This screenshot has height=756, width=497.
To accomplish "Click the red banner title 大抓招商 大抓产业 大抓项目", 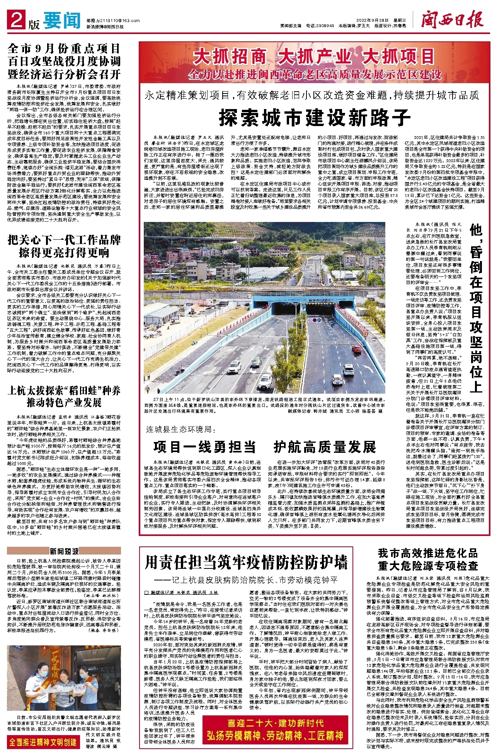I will (314, 57).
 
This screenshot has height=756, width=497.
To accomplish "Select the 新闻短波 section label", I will (64, 551).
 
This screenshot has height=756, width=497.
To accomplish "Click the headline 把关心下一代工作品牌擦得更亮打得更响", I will (64, 246).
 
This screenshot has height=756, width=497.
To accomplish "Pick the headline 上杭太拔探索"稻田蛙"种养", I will (64, 396).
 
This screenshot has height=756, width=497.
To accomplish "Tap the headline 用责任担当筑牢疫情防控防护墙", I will (246, 563).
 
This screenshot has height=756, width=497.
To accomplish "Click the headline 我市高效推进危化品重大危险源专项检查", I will (428, 559).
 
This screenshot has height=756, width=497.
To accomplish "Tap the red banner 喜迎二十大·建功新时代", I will (275, 723).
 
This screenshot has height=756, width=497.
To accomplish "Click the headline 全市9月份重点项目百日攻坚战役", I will (64, 61).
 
